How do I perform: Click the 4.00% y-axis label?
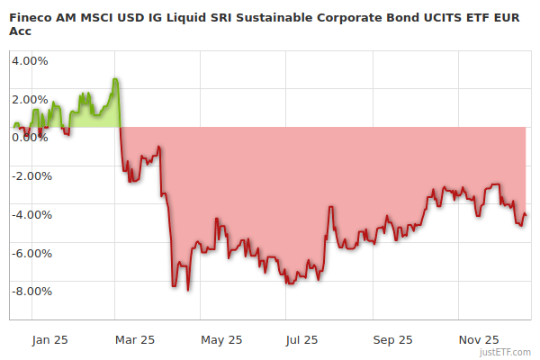(29, 61)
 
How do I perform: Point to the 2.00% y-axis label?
(29, 99)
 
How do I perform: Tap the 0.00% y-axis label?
(29, 137)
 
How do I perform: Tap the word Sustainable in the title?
(259, 16)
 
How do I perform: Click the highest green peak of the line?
(115, 79)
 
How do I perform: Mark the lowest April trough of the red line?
(187, 290)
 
